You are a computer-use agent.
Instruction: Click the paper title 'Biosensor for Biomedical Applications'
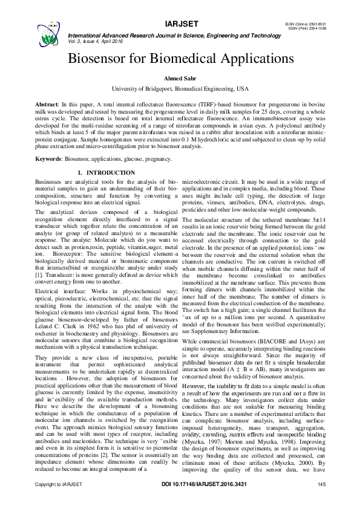click(x=180, y=60)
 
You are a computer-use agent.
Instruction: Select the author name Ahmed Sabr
click(x=180, y=79)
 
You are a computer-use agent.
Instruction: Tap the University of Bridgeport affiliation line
click(x=180, y=89)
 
